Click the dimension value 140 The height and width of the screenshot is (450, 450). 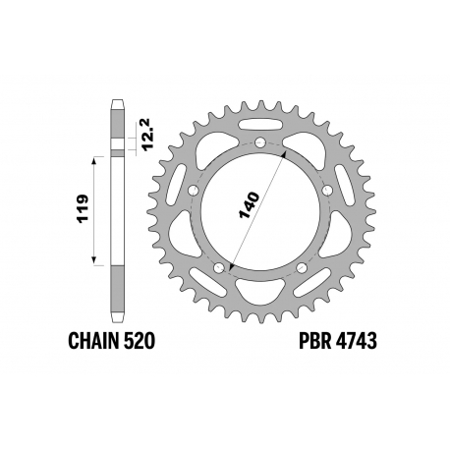click(250, 205)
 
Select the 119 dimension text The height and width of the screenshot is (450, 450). click(83, 208)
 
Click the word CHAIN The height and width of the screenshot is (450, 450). click(91, 341)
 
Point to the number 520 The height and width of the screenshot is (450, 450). click(137, 341)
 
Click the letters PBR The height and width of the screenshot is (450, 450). click(314, 341)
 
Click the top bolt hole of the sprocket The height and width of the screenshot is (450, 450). click(260, 142)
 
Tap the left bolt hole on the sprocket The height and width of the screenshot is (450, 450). click(195, 191)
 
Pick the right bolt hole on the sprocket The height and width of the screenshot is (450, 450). click(327, 190)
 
